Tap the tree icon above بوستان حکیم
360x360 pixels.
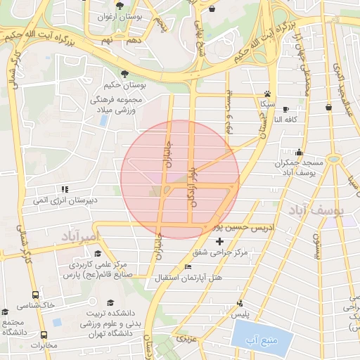coord(125,73)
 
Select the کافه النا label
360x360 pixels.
coord(288,119)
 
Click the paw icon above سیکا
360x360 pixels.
coord(267,94)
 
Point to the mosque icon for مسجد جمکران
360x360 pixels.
coord(300,152)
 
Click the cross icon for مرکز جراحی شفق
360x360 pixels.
coord(219,242)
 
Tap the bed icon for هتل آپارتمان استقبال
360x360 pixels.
coord(187,267)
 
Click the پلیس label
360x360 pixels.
coord(242,315)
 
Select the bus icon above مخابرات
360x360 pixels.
coord(44,335)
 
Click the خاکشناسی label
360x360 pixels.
coord(39,305)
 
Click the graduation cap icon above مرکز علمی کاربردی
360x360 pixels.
coord(97,255)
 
